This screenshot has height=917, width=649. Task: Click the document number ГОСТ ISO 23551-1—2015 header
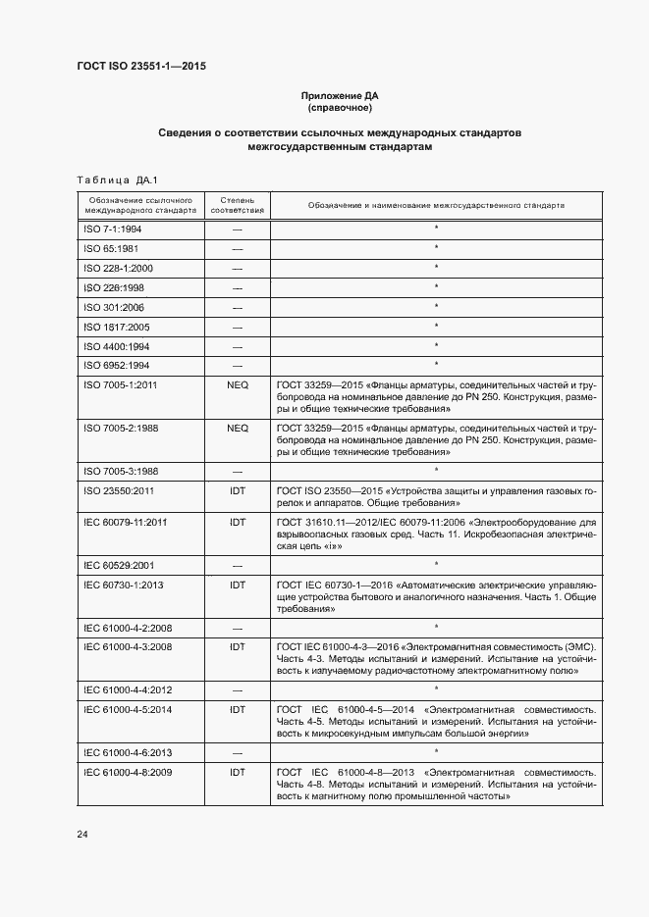coord(140,67)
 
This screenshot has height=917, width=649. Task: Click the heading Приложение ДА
coord(339,96)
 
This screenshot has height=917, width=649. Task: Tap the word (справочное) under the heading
coord(339,108)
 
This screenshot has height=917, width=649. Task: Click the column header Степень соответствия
coord(237,205)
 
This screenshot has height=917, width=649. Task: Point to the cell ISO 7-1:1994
coord(112,229)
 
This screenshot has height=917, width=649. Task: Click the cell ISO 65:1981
coord(110,248)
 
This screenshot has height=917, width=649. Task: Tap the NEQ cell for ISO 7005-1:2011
coord(237,385)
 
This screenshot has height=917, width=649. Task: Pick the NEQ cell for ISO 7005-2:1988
coord(237,429)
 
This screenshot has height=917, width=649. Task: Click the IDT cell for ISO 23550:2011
coord(237,489)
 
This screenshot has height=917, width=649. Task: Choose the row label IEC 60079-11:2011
coord(126,523)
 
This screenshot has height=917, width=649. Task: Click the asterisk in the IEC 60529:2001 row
coord(435,564)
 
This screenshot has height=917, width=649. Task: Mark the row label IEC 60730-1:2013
coord(124,584)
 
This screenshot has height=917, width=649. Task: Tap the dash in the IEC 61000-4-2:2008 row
coord(237,627)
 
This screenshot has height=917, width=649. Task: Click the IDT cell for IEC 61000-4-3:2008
coord(237,646)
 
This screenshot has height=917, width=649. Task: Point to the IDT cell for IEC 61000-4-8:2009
coord(237,772)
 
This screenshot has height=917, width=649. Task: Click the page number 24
coord(82,835)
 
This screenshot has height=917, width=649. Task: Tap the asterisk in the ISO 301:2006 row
coord(435,307)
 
